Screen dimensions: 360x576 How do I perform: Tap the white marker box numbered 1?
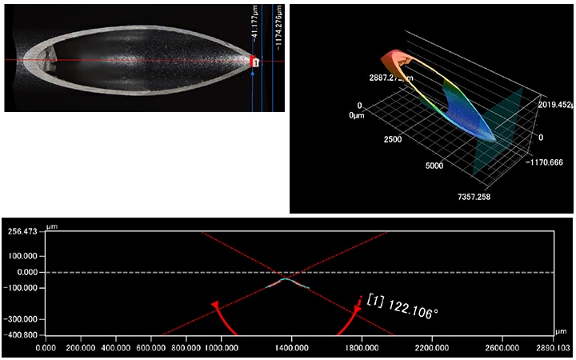255,62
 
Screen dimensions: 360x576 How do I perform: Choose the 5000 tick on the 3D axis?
433,166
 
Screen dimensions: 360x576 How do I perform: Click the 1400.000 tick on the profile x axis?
291,348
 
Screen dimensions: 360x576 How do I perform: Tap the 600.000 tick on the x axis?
152,348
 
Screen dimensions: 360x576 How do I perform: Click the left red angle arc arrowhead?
214,305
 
